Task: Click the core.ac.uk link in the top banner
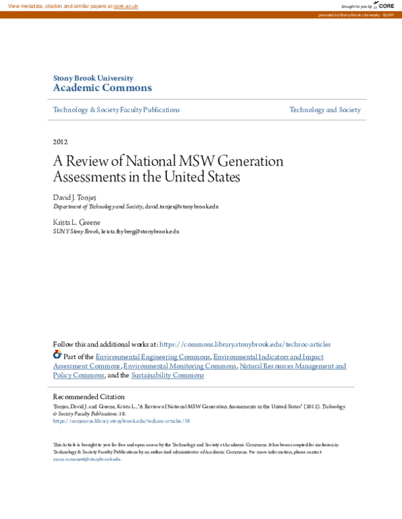point(125,6)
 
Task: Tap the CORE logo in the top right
point(384,5)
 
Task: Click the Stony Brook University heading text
point(92,78)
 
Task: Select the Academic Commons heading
point(102,88)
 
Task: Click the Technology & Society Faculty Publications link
point(116,110)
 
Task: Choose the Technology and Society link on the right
point(324,110)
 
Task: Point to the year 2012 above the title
point(60,142)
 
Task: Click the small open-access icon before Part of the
point(57,354)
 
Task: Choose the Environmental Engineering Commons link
point(153,357)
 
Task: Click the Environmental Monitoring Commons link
point(180,367)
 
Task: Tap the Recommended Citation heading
point(88,397)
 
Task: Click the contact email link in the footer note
point(87,459)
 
